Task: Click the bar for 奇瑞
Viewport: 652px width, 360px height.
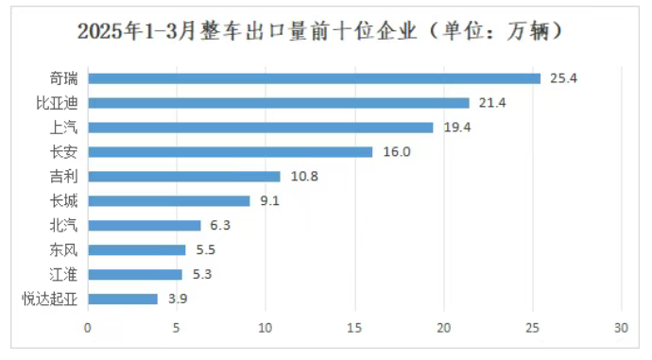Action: point(314,78)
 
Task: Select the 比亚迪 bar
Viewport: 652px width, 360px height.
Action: point(278,103)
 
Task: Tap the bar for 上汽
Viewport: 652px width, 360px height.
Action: point(260,128)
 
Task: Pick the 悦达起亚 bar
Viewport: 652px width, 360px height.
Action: point(123,300)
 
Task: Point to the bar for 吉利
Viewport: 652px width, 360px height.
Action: point(184,177)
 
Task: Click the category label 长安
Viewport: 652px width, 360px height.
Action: point(64,152)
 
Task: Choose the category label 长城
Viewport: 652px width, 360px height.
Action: point(64,201)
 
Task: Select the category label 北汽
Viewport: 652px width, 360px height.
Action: point(64,226)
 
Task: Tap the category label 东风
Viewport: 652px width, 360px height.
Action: point(64,250)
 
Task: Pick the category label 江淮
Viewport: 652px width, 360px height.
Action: point(64,275)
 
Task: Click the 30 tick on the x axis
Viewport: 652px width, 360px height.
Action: point(621,328)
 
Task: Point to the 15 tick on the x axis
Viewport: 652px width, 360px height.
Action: point(354,328)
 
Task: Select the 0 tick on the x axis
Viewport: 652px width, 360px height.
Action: point(88,328)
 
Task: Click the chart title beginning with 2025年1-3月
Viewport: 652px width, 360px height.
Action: point(322,31)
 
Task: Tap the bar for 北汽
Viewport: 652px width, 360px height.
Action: point(145,226)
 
